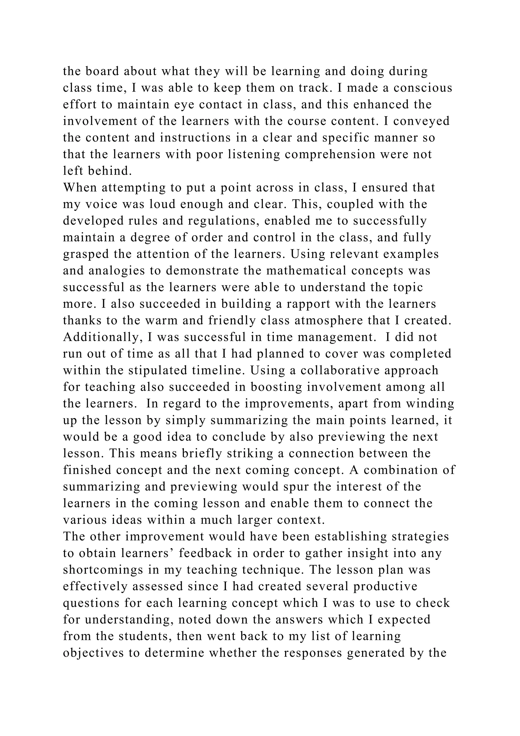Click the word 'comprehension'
click(330, 155)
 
